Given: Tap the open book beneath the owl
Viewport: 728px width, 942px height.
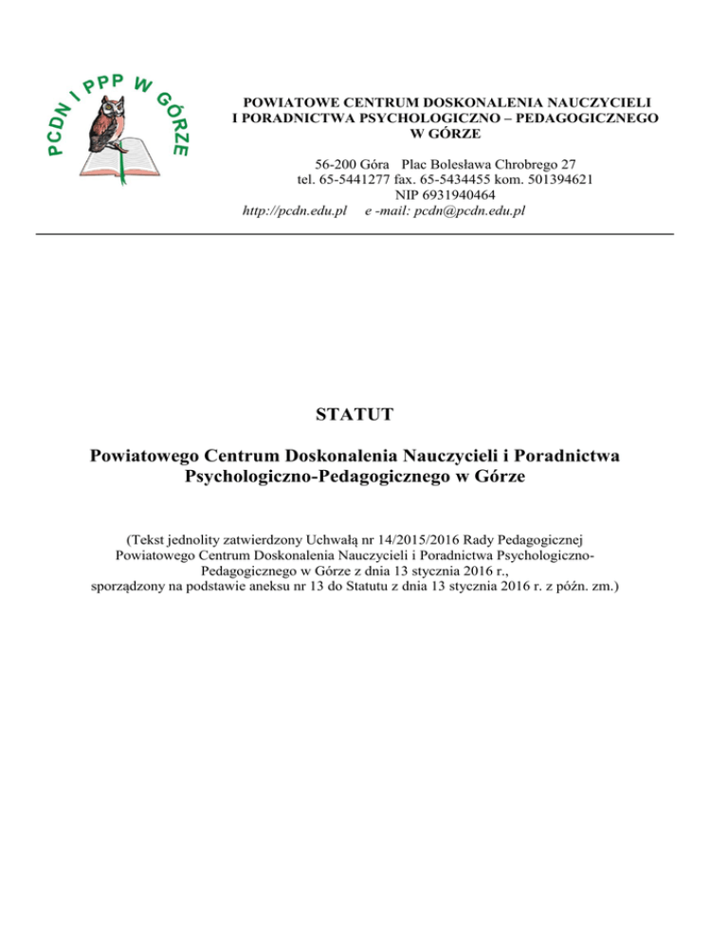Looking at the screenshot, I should tap(118, 157).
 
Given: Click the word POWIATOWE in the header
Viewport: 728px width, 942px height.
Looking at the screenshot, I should tap(283, 101).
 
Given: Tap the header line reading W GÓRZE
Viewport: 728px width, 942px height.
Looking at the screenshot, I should tap(446, 133).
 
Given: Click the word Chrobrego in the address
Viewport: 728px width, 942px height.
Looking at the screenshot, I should tap(535, 163).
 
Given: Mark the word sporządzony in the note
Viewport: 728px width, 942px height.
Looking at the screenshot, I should tap(126, 587).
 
